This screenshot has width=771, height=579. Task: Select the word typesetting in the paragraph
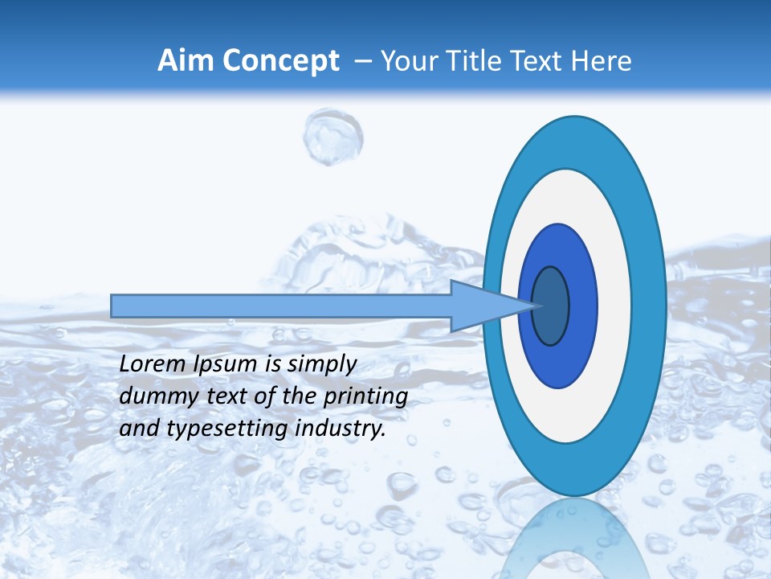(210, 429)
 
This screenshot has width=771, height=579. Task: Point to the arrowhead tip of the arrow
(536, 306)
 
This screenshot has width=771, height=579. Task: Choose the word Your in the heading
(406, 61)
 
